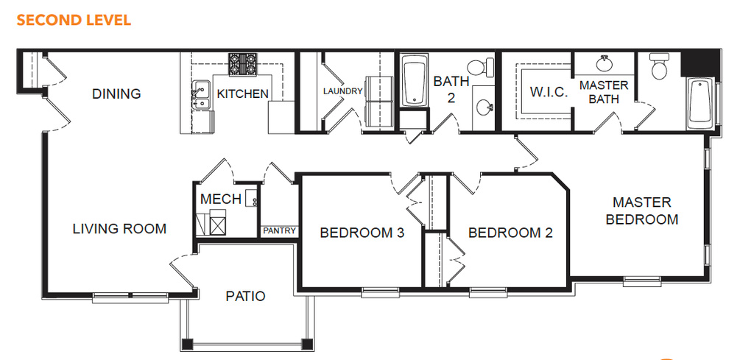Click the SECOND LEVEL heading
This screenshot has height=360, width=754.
(74, 20)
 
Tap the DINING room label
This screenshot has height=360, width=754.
(116, 93)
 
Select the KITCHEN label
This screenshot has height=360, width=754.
(243, 93)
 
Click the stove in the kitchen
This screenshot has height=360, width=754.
(242, 64)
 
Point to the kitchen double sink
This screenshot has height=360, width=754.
(202, 96)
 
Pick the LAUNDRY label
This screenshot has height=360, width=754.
(342, 91)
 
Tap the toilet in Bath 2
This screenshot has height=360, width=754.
(481, 67)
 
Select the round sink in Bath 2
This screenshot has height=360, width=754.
(484, 107)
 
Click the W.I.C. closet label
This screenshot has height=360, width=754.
(549, 92)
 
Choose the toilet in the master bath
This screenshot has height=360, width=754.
(659, 66)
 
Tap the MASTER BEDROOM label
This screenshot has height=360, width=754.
(642, 211)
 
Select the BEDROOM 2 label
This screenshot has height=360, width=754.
(510, 233)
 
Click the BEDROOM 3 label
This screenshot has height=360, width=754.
(362, 233)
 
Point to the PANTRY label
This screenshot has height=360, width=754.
(279, 231)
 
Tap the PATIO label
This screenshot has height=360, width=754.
(245, 296)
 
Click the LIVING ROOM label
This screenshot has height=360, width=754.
(119, 229)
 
